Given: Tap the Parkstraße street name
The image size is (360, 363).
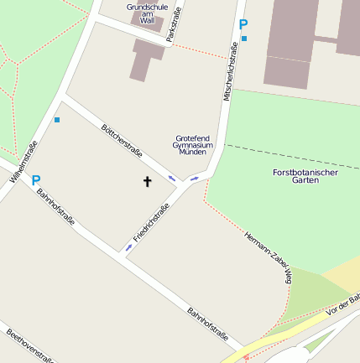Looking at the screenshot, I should pos(174,24).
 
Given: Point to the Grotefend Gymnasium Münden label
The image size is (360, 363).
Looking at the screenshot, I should pos(193,145).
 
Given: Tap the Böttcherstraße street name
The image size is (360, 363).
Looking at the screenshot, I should pos(121,141).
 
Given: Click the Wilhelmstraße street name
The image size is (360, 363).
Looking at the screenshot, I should pos(24,162).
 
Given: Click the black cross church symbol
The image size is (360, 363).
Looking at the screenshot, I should pos(148,181).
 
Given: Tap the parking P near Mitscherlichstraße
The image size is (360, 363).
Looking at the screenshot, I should pos(243,25).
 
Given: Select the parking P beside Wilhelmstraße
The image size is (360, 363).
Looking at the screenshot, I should pos(36,179).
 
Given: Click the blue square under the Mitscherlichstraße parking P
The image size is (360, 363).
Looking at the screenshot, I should pos(244,39).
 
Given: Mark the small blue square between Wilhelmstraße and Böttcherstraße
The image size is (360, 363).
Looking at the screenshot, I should pos(57,120).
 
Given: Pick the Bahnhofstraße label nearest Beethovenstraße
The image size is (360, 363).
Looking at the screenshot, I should pos(208,325).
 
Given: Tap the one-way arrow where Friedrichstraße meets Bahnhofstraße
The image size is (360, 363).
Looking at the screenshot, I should pos(128,247).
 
